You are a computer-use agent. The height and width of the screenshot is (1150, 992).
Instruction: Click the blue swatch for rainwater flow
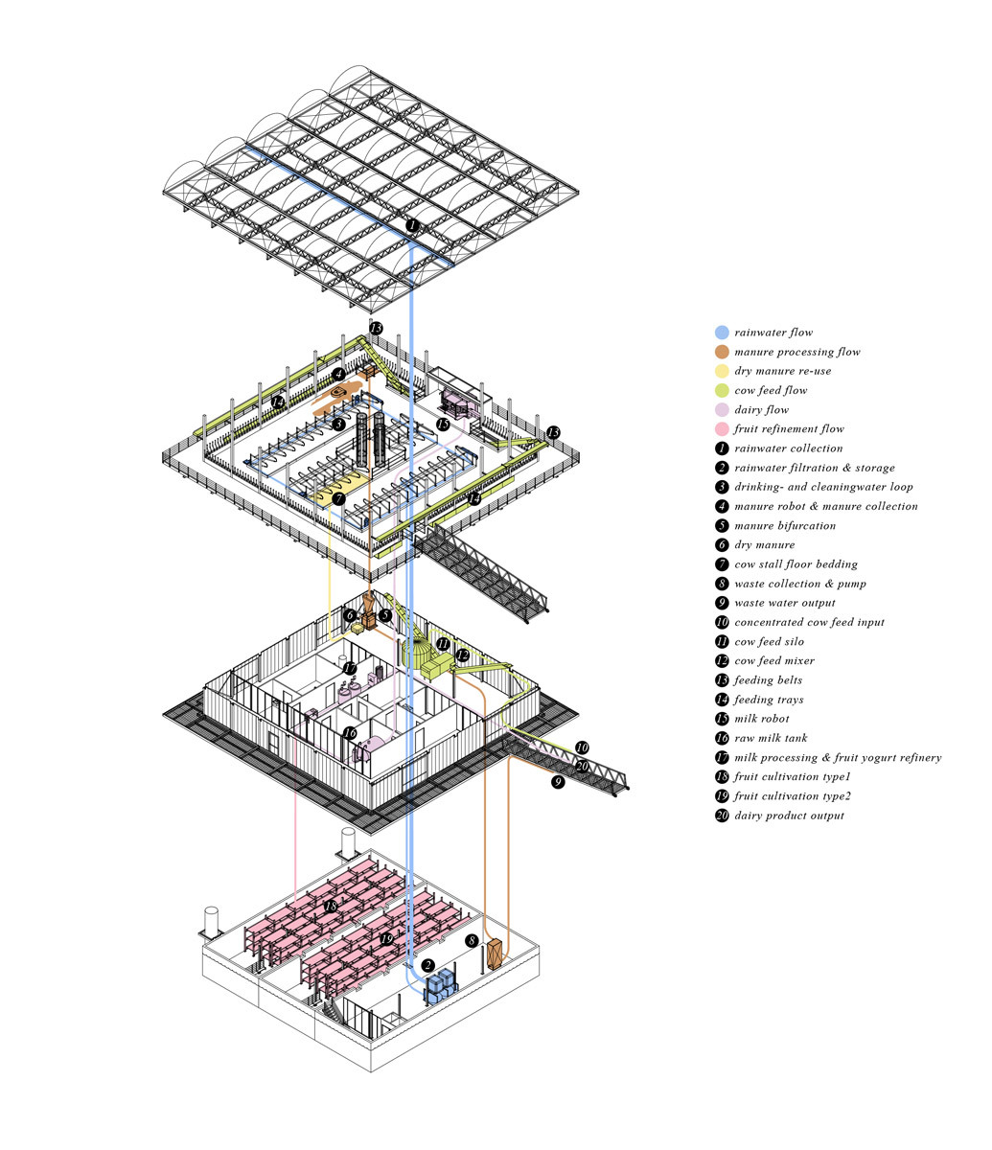(722, 333)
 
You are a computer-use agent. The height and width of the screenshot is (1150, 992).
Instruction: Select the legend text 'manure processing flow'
(796, 352)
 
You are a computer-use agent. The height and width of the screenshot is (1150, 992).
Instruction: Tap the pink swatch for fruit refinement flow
(722, 429)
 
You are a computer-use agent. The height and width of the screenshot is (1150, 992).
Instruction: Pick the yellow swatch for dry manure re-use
(722, 371)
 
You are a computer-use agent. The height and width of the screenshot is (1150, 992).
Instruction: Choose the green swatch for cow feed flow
(722, 390)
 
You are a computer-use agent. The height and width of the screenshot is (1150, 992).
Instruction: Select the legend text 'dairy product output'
(789, 816)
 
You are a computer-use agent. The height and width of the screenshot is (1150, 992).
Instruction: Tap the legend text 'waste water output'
(784, 603)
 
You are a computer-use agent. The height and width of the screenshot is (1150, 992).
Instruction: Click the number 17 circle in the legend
(722, 757)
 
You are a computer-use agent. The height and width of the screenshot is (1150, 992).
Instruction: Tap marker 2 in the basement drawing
(427, 965)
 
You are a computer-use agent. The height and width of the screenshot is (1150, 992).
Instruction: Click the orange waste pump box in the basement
(495, 954)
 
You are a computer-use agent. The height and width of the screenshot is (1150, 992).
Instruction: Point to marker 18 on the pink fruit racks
(331, 906)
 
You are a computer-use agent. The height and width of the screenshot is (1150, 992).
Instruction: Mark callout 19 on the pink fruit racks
(386, 939)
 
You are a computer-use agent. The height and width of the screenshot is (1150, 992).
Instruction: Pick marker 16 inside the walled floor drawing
(349, 733)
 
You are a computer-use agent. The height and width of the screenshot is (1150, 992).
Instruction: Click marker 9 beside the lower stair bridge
(559, 781)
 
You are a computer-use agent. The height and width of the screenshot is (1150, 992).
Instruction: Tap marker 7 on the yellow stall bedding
(338, 499)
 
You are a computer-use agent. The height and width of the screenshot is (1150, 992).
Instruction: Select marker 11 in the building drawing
(442, 643)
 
